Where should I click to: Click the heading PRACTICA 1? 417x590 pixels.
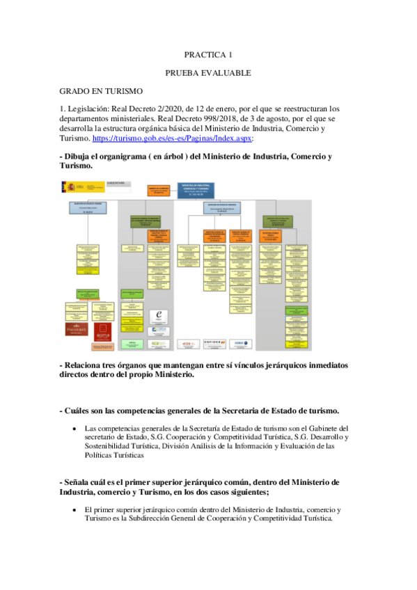(208, 54)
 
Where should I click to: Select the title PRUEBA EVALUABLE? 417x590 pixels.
(208, 72)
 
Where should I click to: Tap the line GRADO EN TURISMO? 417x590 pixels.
(101, 91)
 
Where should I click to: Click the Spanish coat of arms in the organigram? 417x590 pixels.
(69, 186)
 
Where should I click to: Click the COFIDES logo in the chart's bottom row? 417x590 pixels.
(209, 342)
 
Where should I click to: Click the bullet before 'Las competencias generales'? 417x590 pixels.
(74, 429)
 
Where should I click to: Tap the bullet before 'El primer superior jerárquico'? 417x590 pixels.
(74, 511)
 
